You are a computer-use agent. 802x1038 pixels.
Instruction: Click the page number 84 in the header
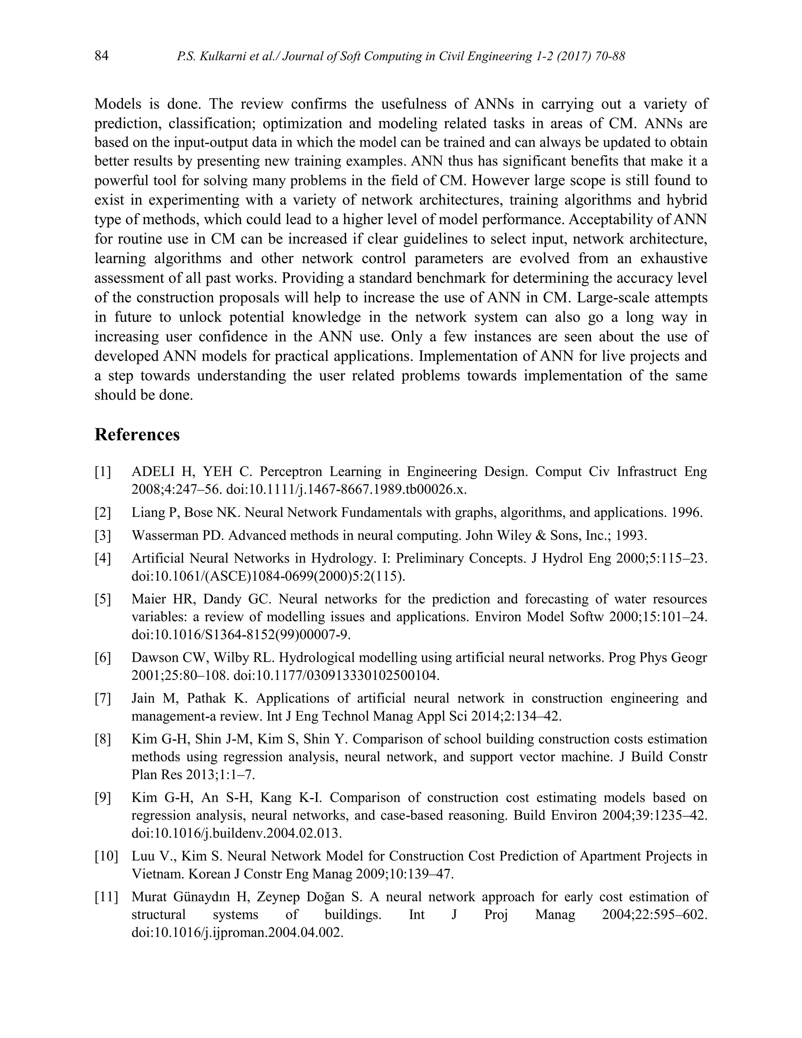coord(102,56)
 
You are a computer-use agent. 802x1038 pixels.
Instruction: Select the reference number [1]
coord(103,472)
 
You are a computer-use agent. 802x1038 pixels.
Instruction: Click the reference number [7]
coord(103,699)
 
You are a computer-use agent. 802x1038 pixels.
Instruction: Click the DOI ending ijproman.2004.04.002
coord(237,933)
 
